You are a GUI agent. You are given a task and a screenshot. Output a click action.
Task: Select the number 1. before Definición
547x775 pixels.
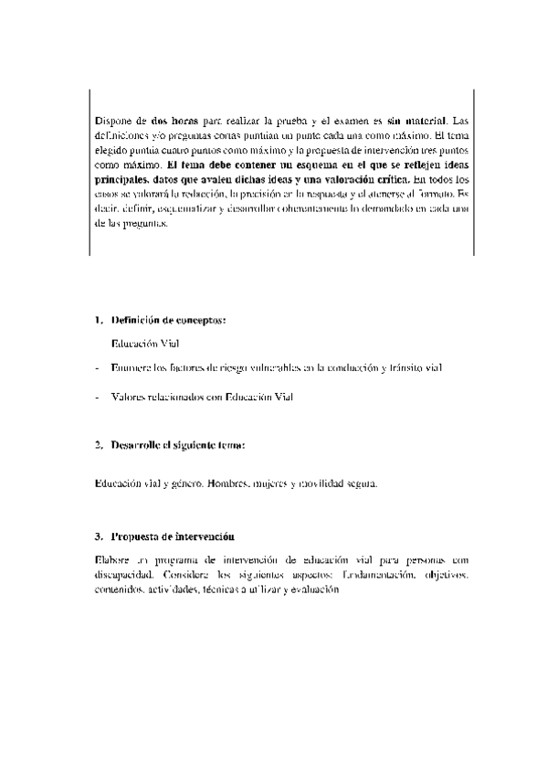coord(99,321)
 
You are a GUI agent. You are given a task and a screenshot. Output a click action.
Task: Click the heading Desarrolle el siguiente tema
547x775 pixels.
coord(178,445)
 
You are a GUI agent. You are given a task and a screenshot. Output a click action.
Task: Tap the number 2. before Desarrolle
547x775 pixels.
coord(99,445)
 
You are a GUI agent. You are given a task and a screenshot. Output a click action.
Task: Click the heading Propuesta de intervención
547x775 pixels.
coord(174,536)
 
